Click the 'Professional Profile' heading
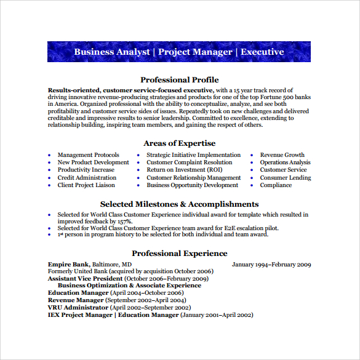(179, 79)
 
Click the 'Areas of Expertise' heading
(179, 143)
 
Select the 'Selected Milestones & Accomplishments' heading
(179, 204)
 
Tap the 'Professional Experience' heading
(179, 253)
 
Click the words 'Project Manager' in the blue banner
(195, 52)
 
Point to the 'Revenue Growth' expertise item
(282, 155)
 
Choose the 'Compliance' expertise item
(276, 185)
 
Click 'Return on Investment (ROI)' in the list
(185, 170)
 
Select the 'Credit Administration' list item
(87, 177)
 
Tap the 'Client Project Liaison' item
(86, 185)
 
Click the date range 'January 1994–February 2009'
(271, 264)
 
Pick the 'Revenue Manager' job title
(76, 300)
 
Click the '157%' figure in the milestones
(123, 221)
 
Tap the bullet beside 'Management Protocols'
(50, 156)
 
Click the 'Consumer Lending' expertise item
(285, 177)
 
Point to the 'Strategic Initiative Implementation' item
(193, 155)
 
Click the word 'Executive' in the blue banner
(262, 52)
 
